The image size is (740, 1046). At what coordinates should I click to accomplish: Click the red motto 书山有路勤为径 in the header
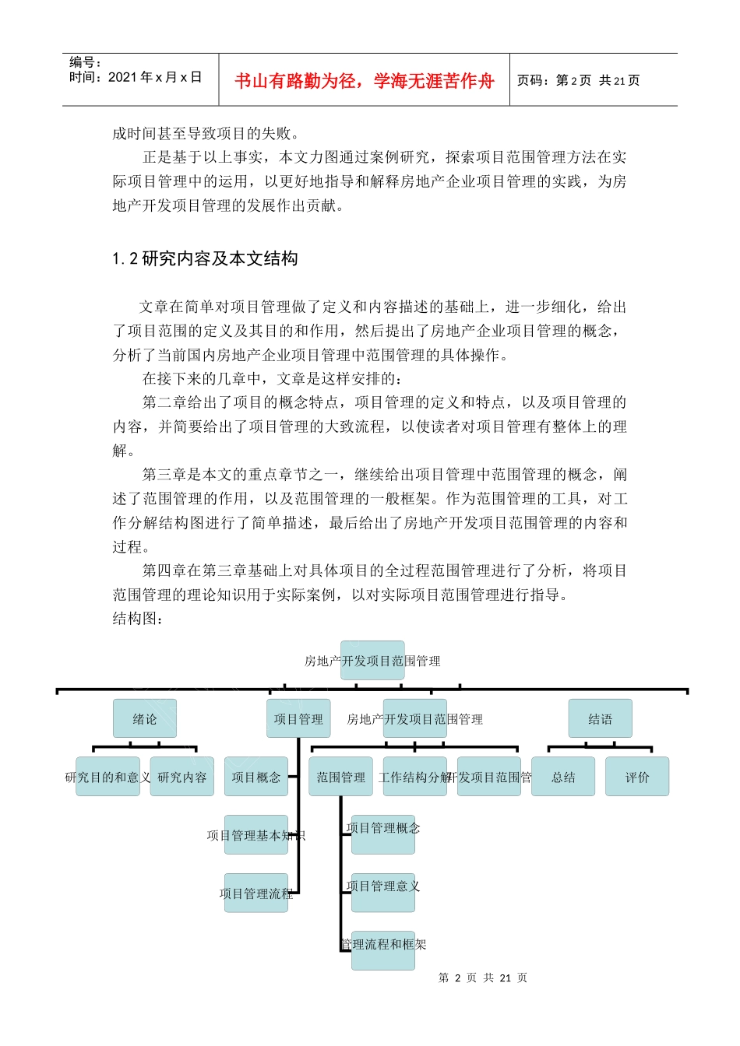(364, 81)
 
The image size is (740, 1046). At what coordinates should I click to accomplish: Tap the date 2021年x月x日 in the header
(155, 77)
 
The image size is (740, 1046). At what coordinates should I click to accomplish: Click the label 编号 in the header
(85, 62)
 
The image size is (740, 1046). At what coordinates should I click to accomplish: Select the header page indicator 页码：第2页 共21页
(578, 80)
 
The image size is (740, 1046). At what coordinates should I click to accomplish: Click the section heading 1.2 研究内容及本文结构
(205, 258)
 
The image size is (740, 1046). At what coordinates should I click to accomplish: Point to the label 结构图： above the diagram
(138, 618)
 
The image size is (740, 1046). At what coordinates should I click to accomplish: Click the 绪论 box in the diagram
(144, 718)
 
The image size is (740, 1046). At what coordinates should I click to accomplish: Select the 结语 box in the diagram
(600, 718)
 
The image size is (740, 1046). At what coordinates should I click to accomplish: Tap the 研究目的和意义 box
(107, 777)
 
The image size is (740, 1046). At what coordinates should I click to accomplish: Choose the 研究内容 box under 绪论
(181, 777)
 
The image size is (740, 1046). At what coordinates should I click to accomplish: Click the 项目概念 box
(255, 777)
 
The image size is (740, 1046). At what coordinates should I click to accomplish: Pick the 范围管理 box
(340, 777)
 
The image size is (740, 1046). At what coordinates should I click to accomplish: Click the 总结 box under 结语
(562, 777)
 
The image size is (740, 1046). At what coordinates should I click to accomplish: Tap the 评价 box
(636, 777)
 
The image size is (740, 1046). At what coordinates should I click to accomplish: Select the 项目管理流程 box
(255, 893)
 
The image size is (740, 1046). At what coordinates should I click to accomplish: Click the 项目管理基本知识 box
(255, 835)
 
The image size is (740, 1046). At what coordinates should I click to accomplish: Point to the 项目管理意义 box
(382, 886)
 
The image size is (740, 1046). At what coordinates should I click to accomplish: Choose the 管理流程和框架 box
(382, 946)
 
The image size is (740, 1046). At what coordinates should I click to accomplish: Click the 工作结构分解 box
(414, 777)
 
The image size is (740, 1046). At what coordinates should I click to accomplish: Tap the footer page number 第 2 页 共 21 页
(483, 978)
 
